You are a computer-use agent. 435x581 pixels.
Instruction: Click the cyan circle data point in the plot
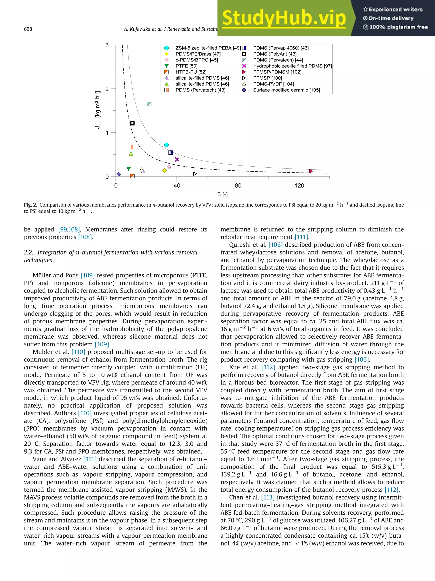[166, 145]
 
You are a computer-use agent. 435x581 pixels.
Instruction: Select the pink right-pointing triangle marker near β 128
[311, 171]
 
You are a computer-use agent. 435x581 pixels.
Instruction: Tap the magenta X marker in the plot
[177, 159]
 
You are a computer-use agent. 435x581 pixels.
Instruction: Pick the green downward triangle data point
[129, 169]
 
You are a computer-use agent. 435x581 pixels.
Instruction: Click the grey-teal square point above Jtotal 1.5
[149, 104]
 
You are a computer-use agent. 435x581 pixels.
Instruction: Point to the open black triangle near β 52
[195, 174]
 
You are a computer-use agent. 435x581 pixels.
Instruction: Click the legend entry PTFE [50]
[186, 66]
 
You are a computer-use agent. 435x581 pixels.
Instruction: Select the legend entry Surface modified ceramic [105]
[286, 90]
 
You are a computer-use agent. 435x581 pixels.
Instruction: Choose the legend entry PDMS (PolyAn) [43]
[274, 54]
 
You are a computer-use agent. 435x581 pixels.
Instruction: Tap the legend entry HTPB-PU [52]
[191, 72]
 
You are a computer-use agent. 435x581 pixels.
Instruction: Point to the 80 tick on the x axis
[238, 186]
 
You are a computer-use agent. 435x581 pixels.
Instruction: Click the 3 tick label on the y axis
[107, 45]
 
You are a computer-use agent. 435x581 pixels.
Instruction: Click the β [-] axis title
[222, 195]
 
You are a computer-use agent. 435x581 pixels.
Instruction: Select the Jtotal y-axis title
[98, 110]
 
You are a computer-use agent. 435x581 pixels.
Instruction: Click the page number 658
[28, 29]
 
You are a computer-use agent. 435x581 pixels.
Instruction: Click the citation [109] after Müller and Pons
[88, 275]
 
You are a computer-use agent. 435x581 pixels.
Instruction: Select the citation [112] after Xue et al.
[268, 367]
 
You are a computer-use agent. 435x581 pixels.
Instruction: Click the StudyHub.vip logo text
[284, 18]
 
